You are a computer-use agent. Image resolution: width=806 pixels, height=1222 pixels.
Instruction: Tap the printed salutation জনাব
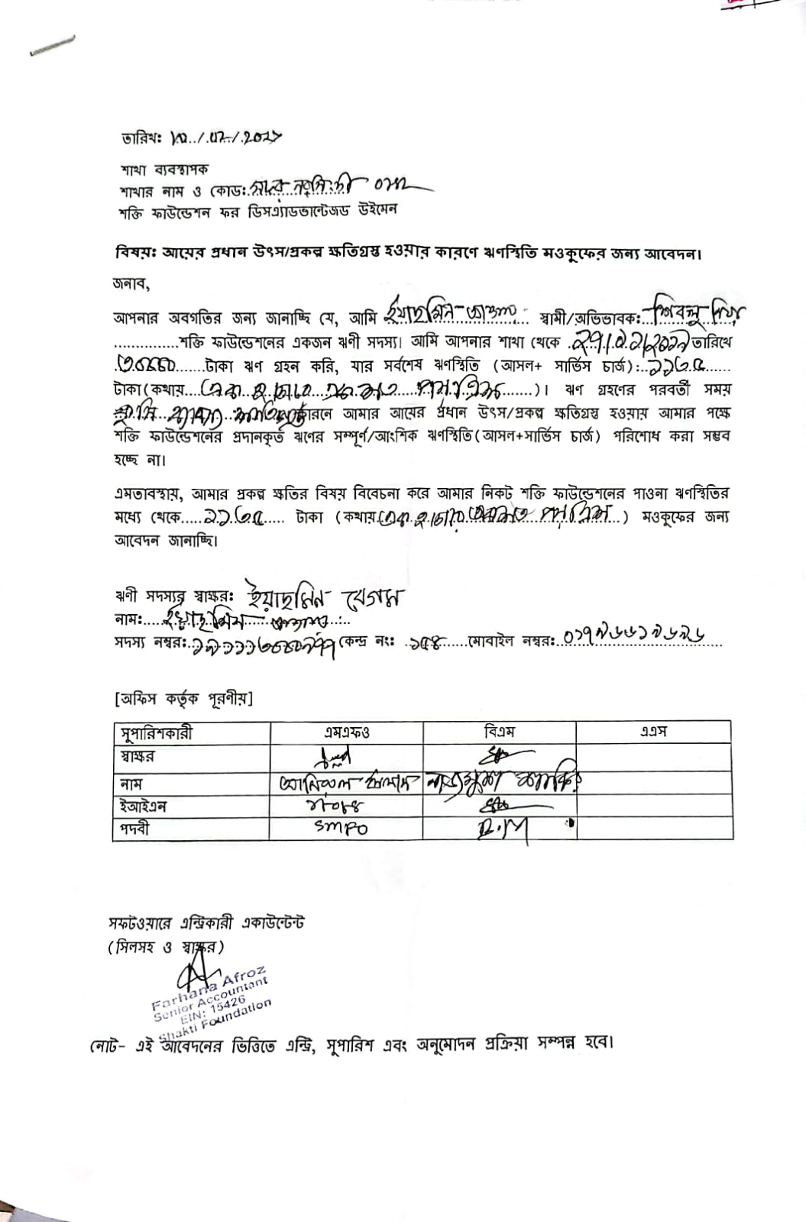coord(131,284)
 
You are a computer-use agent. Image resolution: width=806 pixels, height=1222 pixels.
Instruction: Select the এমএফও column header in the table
coord(347,732)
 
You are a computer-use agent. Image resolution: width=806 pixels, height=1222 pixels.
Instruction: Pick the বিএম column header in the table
coord(500,732)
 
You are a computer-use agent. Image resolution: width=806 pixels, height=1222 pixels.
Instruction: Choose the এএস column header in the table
coord(653,732)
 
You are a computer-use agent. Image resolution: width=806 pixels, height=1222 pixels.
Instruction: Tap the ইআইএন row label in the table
coord(143,807)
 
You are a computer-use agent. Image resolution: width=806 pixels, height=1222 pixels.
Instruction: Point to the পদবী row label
coord(134,829)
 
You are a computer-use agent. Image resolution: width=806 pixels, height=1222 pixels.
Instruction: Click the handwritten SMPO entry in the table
coord(341,827)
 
